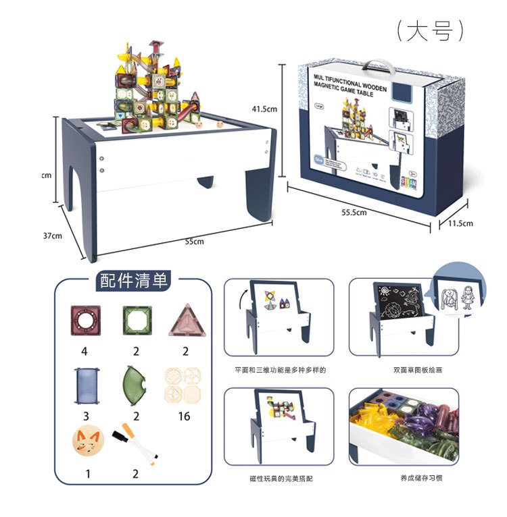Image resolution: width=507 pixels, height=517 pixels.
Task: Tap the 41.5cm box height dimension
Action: click(265, 109)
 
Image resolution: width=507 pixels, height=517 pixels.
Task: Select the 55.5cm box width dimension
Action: click(354, 212)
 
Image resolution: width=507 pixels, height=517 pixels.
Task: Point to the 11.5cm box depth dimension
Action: click(457, 223)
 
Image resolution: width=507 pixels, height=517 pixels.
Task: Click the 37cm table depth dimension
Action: click(52, 236)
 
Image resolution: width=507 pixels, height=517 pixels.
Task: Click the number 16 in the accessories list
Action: click(184, 416)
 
